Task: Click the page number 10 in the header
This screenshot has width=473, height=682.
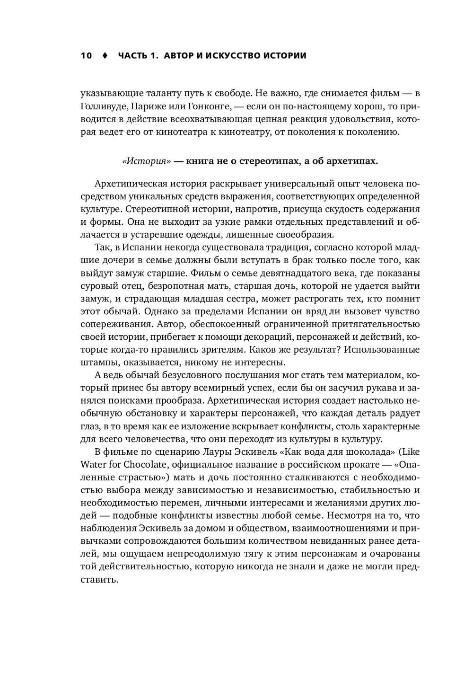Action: tap(86, 56)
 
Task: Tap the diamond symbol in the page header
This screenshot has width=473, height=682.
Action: tap(105, 56)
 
